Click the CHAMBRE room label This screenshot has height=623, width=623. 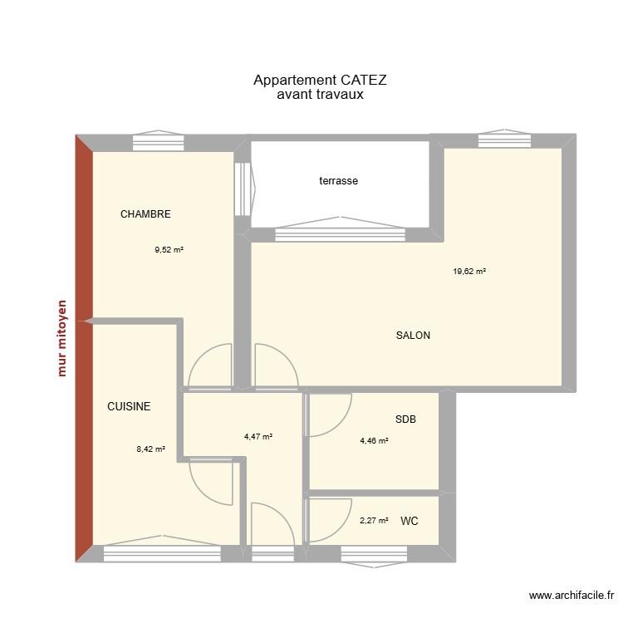(x=145, y=214)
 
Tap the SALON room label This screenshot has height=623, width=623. (x=413, y=336)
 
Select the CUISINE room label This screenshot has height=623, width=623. (x=129, y=406)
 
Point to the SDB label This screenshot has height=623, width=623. (x=405, y=420)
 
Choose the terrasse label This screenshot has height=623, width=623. (x=338, y=180)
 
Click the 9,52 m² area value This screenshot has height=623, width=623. (x=169, y=248)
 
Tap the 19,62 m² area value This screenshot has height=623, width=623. (x=469, y=271)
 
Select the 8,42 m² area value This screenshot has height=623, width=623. (x=151, y=449)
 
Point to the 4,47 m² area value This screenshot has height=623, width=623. (x=258, y=436)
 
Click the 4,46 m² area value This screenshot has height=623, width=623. (x=374, y=441)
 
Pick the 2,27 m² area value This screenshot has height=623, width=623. (x=374, y=521)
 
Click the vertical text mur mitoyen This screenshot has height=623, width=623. (x=62, y=348)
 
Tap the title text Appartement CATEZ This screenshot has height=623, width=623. (x=321, y=81)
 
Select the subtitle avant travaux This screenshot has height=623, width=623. (x=321, y=96)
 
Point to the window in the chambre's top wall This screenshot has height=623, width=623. (x=158, y=141)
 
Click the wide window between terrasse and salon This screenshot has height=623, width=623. (x=341, y=233)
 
